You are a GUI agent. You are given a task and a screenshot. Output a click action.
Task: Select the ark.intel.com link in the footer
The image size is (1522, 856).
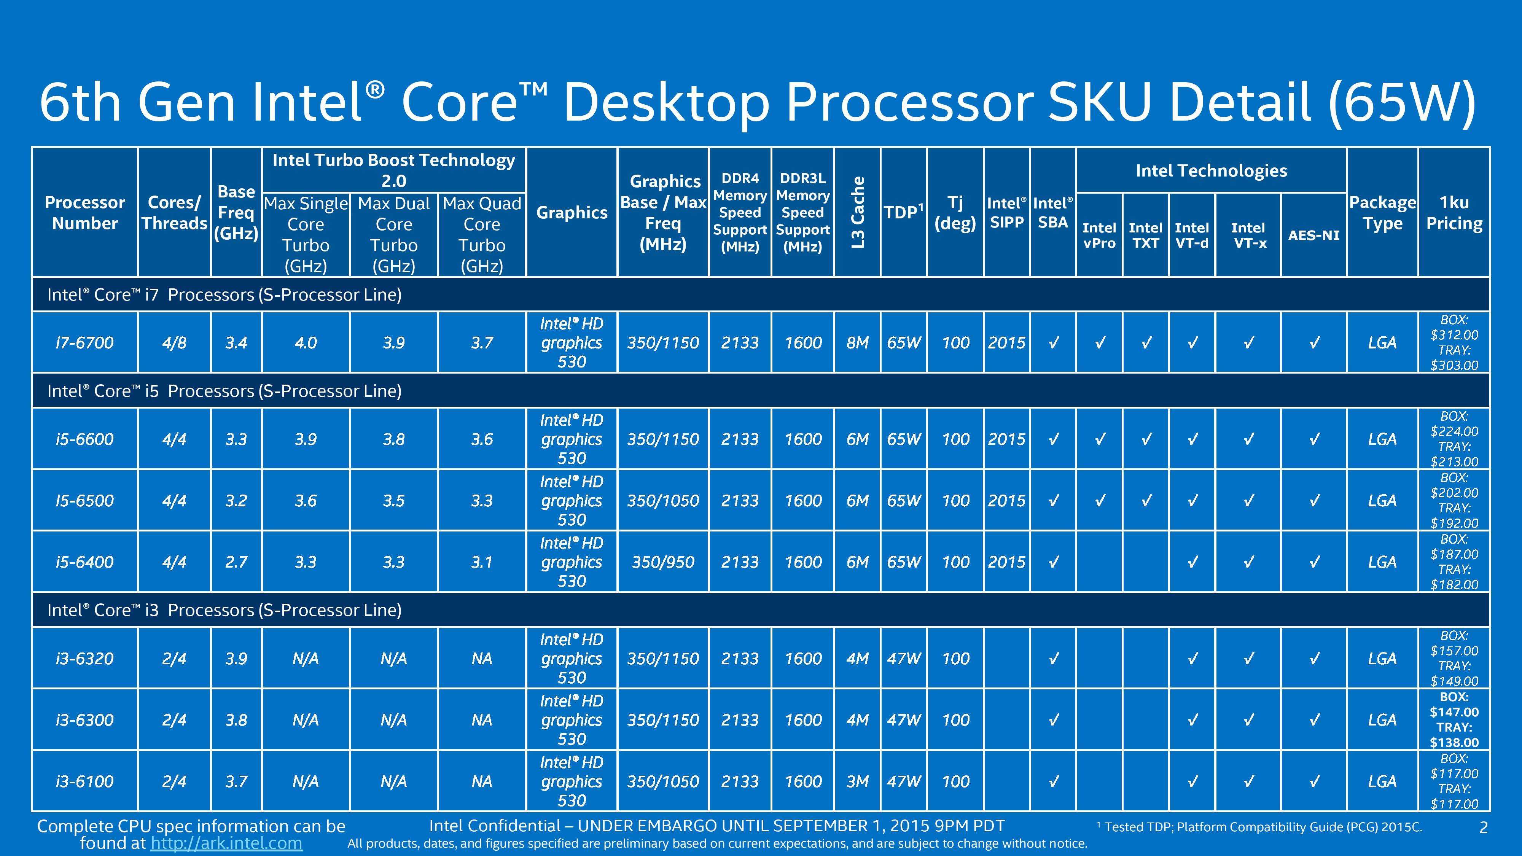coord(226,843)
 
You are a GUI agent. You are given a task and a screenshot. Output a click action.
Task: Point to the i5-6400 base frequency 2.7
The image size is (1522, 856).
coord(236,562)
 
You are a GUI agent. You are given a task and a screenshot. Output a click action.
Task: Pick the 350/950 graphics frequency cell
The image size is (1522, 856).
coord(663,562)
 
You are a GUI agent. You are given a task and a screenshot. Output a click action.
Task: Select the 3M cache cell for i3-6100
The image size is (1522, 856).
coord(857,781)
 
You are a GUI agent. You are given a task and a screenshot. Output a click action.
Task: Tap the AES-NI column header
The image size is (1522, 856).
coord(1314,235)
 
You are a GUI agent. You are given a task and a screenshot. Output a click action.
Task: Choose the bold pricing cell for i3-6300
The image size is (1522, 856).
coord(1454,719)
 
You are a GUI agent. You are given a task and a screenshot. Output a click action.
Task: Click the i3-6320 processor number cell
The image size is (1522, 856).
coord(84,659)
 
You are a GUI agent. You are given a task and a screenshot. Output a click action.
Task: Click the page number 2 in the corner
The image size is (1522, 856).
coord(1483,827)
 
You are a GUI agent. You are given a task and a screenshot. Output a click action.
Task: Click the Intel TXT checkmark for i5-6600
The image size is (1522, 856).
coord(1146,439)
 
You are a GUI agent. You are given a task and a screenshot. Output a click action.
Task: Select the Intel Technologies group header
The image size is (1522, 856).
coord(1211,171)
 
